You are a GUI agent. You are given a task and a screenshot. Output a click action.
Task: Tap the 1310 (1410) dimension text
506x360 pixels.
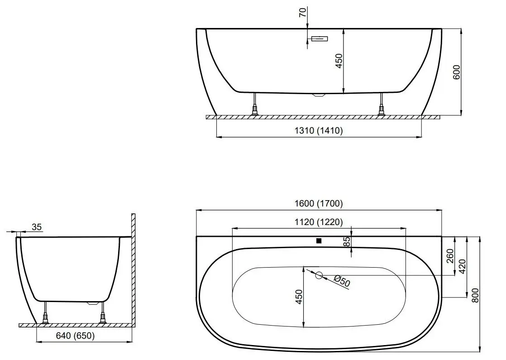coord(319,131)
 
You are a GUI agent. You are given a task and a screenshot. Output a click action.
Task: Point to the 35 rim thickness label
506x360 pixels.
coord(37,227)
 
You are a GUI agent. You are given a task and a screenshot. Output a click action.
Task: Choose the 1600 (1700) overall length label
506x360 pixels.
coord(319,204)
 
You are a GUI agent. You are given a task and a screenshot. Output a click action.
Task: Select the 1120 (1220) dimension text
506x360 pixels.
coord(319,222)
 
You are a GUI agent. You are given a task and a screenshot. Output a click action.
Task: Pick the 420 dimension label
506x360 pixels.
coord(462,267)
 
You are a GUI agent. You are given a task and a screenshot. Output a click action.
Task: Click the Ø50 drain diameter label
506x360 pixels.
coord(342,282)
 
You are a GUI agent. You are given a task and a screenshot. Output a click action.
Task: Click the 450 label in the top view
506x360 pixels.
coord(298,297)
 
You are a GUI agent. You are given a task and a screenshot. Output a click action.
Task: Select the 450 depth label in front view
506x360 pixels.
coord(339,61)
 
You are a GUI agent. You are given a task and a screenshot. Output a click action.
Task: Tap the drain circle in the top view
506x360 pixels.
coord(319,275)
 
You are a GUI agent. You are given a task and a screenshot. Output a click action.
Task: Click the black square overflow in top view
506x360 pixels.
coord(319,240)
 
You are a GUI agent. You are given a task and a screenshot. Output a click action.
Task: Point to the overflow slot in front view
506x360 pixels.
coord(320,39)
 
